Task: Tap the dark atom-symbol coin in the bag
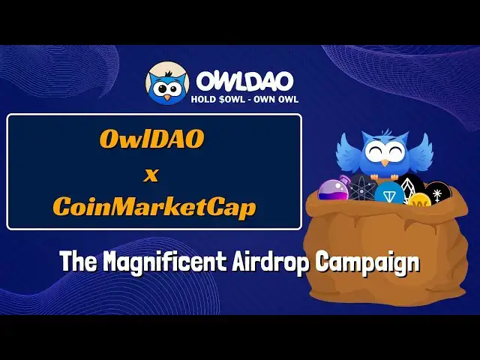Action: [x=362, y=190]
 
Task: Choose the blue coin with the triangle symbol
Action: [x=390, y=193]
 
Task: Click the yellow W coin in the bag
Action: [x=418, y=200]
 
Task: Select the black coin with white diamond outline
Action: [x=410, y=185]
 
